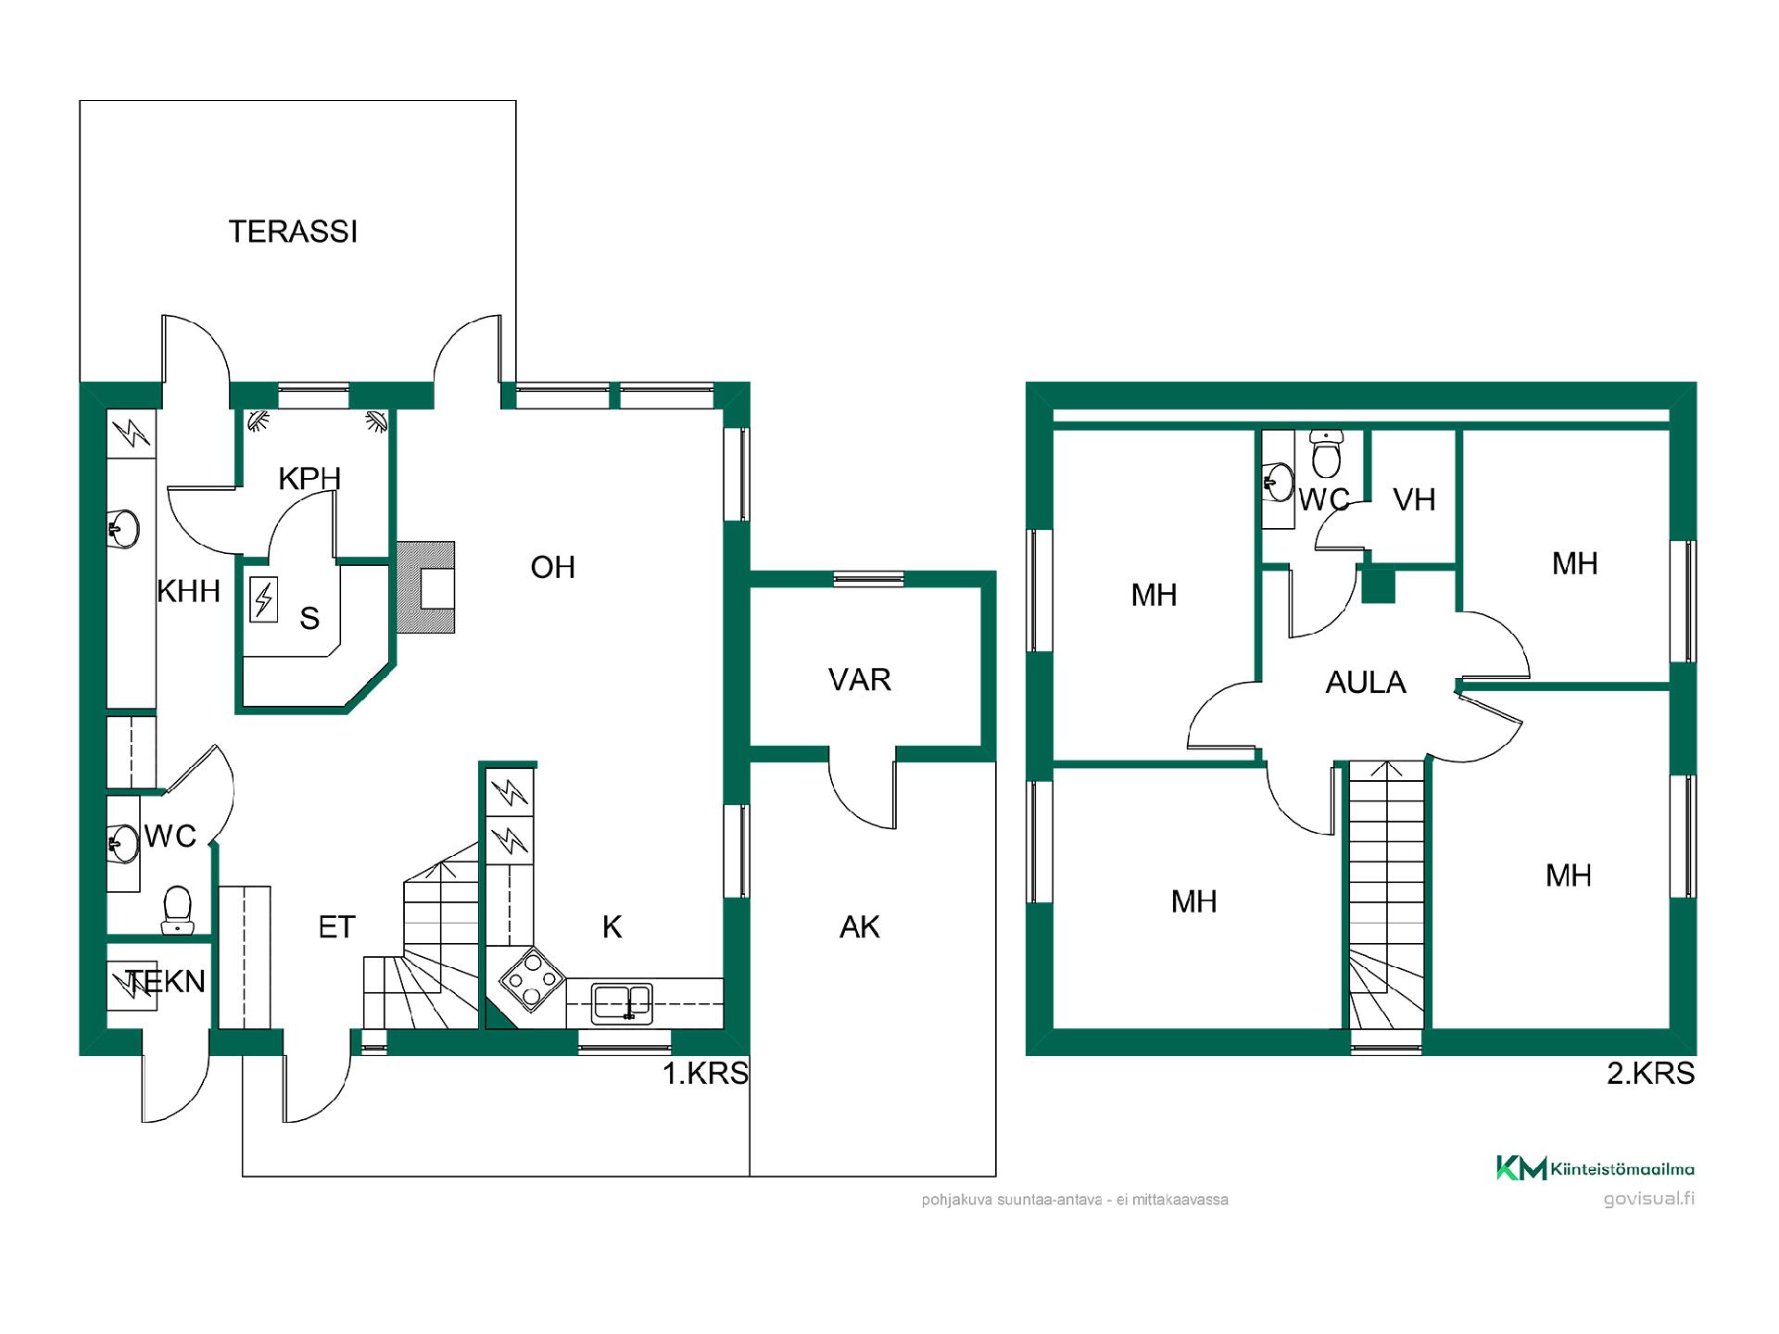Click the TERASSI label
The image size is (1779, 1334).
point(293,232)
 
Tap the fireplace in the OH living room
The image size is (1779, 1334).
point(426,587)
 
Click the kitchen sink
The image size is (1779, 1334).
point(622,1003)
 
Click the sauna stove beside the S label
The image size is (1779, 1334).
point(264,599)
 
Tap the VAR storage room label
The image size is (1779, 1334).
point(860,680)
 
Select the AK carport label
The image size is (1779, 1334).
point(860,927)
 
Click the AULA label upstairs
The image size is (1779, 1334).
point(1366,683)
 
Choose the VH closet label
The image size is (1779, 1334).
point(1414,500)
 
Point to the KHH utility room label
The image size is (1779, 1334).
point(188,591)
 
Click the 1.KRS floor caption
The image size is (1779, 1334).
point(705,1074)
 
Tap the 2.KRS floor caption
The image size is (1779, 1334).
point(1651,1074)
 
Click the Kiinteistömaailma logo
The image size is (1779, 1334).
point(1596,1168)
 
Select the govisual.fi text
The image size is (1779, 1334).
point(1649,1199)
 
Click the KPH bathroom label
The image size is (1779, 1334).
point(309,479)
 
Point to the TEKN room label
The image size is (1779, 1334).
point(165,982)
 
